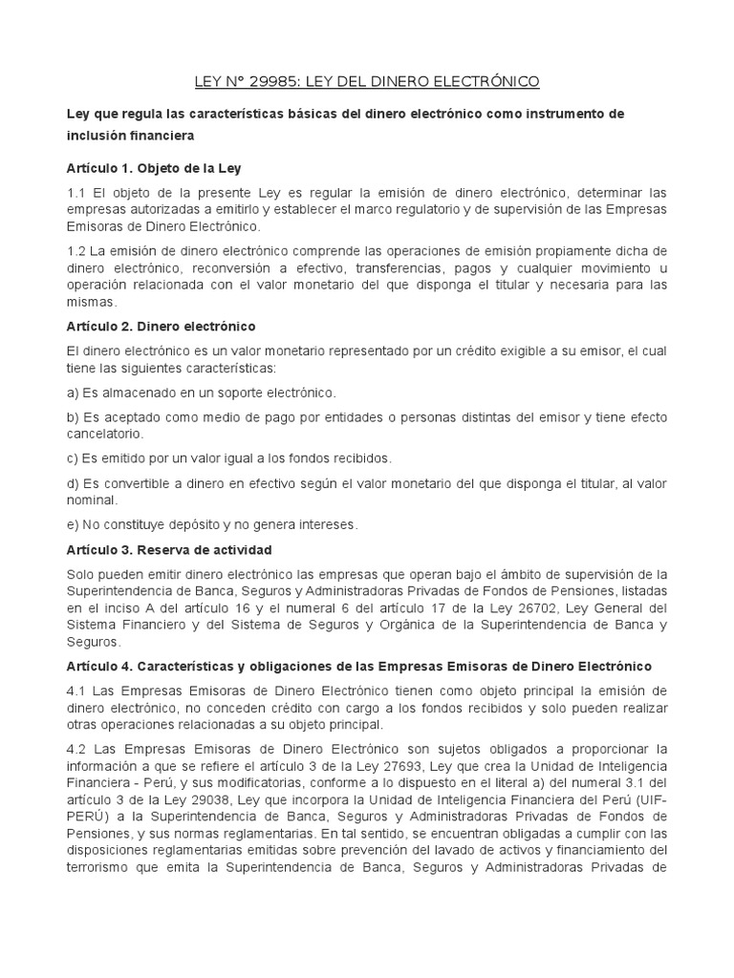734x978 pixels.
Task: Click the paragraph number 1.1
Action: (76, 194)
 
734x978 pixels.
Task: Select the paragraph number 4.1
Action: (76, 691)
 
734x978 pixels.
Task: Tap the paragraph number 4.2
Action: (76, 748)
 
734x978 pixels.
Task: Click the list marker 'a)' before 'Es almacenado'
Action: (72, 393)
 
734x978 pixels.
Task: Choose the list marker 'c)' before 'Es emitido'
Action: (72, 457)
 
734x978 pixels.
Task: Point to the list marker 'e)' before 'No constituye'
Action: (72, 524)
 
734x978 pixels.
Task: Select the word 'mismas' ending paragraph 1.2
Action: (90, 303)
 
